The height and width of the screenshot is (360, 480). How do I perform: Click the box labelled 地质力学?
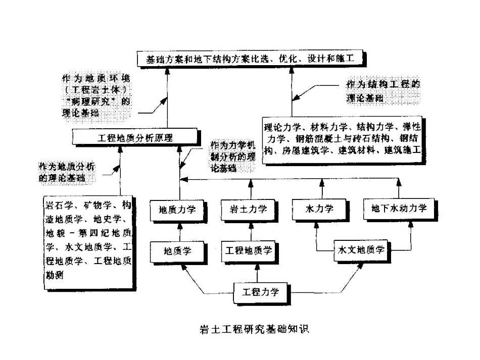point(177,209)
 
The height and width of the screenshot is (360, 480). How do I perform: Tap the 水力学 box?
point(317,209)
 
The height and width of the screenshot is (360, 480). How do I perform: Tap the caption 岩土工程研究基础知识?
point(255,328)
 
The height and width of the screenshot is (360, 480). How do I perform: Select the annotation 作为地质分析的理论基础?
point(68,172)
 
